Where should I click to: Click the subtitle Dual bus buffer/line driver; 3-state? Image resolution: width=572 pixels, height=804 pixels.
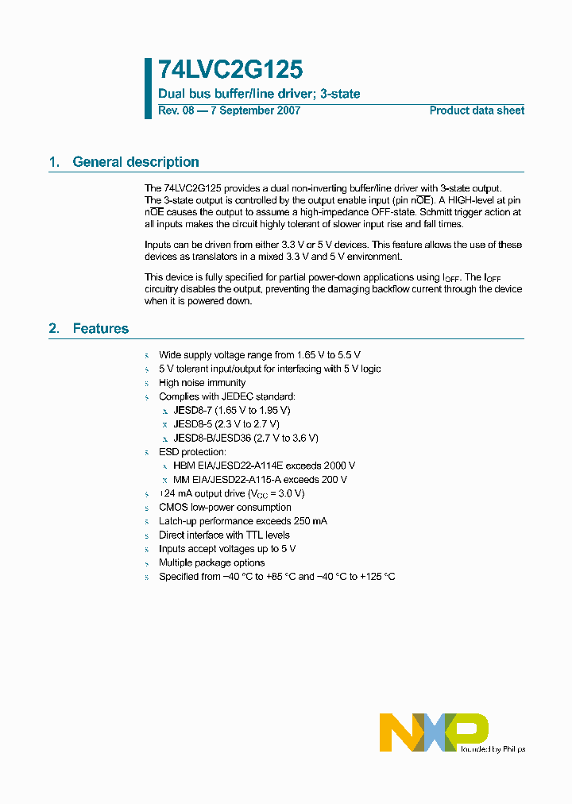coord(259,94)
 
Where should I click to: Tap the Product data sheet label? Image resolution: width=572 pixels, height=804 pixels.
coord(477,110)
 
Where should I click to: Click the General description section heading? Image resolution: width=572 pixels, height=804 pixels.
coord(135,162)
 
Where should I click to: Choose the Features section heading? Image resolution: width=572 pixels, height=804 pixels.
coord(100,328)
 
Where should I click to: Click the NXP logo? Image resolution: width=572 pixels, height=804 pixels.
coord(433,732)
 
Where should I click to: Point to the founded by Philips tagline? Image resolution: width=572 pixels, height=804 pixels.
coord(493,748)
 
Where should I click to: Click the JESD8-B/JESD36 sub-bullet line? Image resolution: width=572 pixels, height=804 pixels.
coord(245,438)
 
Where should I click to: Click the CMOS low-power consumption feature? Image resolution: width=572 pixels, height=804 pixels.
coord(225,507)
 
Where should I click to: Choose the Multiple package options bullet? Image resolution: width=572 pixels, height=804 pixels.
coord(211,562)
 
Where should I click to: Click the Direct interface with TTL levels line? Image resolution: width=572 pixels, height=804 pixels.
coord(224,535)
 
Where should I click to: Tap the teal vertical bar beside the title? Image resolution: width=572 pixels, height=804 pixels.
coord(148,88)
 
